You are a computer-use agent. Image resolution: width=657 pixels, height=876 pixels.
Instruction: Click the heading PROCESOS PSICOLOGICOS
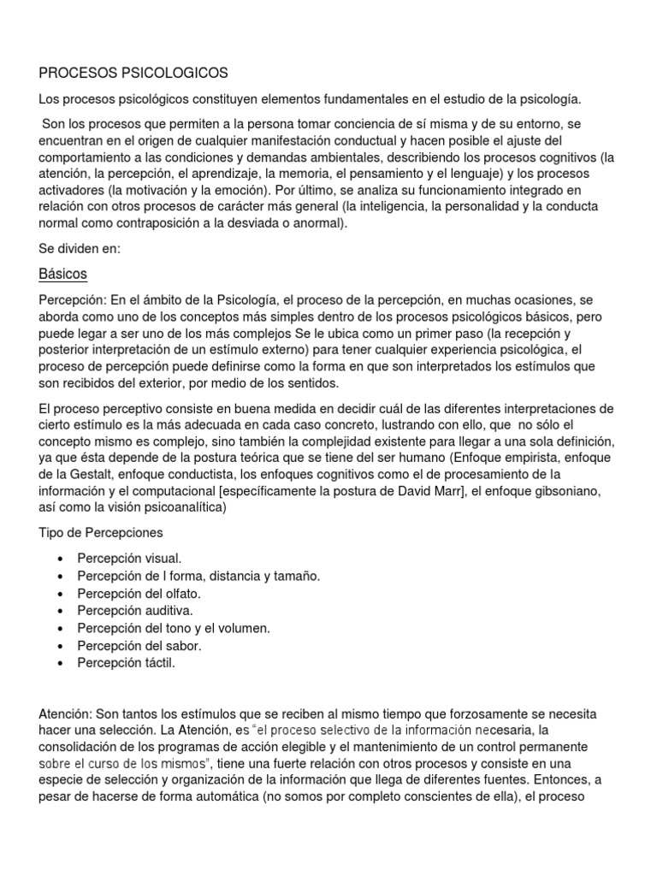coord(133,74)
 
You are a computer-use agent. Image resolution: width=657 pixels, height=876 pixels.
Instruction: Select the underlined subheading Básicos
coord(63,275)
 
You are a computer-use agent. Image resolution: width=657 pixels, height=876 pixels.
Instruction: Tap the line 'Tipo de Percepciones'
coord(101,532)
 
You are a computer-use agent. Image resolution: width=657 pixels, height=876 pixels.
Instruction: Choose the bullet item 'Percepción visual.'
coord(129,558)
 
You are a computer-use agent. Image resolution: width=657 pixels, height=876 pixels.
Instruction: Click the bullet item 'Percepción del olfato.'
coord(139,593)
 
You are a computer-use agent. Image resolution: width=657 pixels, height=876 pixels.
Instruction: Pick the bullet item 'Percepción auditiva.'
coord(135,611)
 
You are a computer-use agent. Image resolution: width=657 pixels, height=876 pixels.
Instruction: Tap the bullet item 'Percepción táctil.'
coord(126,663)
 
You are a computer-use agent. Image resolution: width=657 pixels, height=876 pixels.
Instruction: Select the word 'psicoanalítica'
coord(183,506)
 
